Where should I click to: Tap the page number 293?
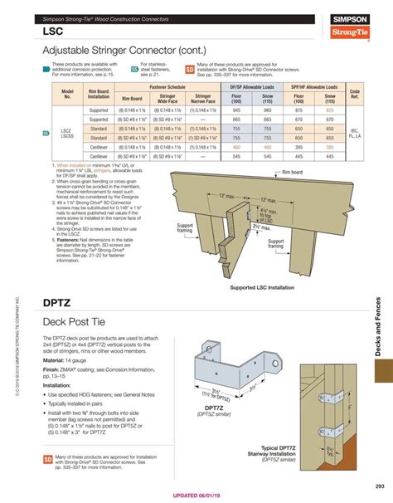[x=380, y=486]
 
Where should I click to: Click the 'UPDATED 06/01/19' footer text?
[x=196, y=496]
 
